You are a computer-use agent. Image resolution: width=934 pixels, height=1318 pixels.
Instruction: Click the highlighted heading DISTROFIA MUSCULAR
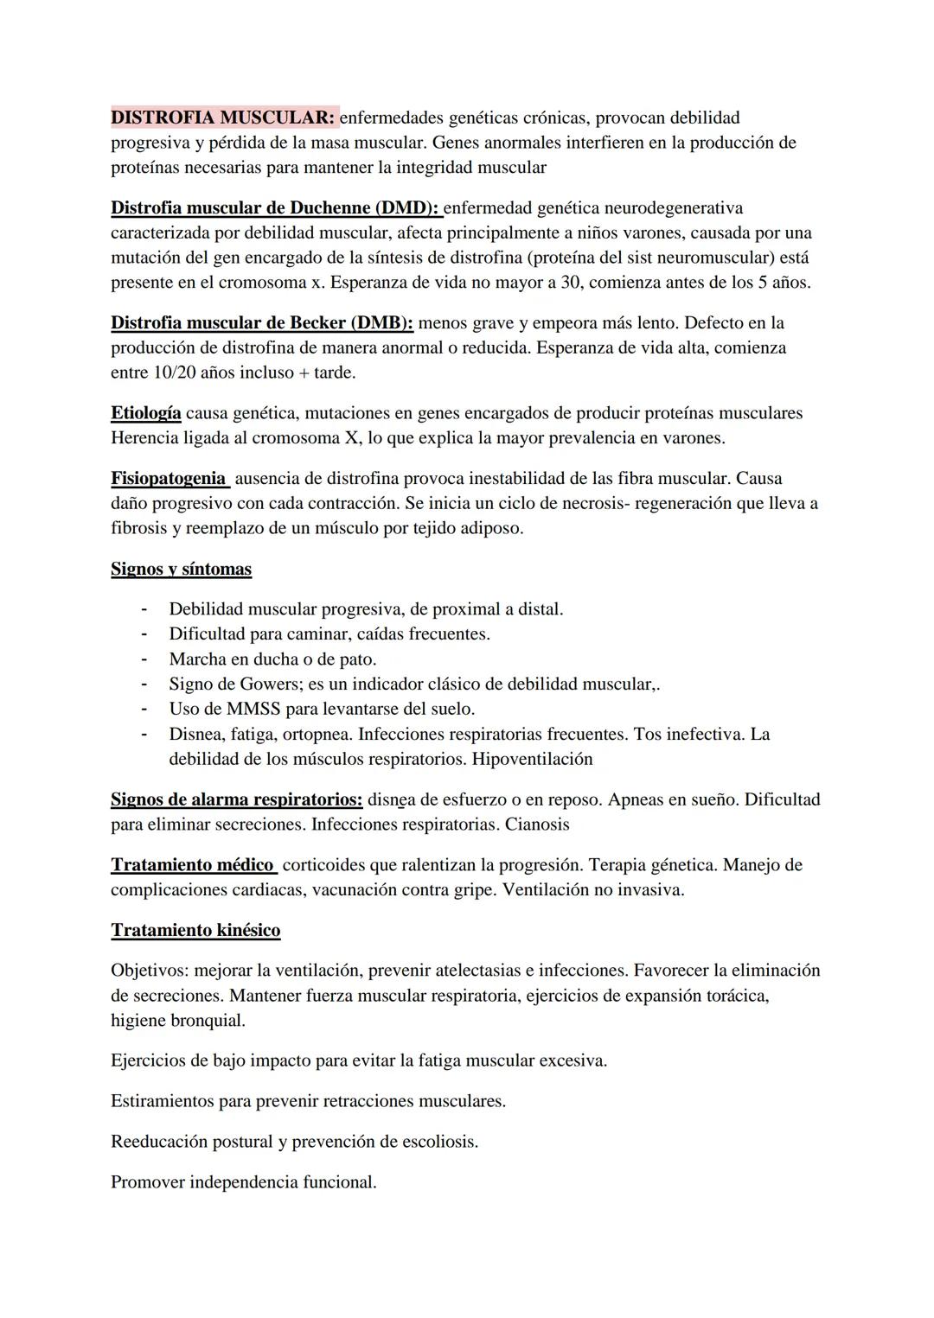coord(223,118)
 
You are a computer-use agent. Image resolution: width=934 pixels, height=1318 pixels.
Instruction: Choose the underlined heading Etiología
coord(145,413)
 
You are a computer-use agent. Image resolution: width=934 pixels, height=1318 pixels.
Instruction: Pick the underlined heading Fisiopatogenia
coord(168,479)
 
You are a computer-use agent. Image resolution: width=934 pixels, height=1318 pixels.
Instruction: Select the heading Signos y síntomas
coord(181,570)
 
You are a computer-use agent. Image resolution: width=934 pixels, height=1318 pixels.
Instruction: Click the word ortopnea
coord(312,735)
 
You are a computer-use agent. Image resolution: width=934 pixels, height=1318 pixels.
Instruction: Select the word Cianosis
coord(537,825)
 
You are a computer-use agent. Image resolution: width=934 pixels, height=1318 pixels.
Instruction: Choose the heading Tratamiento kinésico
coord(195,931)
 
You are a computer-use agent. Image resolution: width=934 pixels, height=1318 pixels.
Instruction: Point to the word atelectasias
coord(469,971)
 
